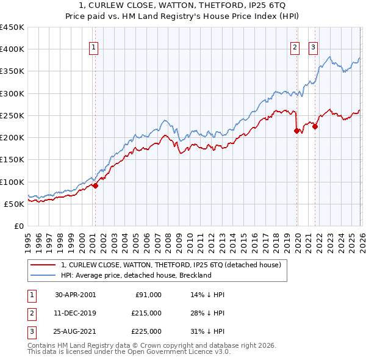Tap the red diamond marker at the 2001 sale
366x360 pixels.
(x=95, y=186)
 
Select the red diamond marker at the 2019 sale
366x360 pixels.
(x=297, y=131)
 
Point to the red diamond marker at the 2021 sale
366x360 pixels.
(x=315, y=126)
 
